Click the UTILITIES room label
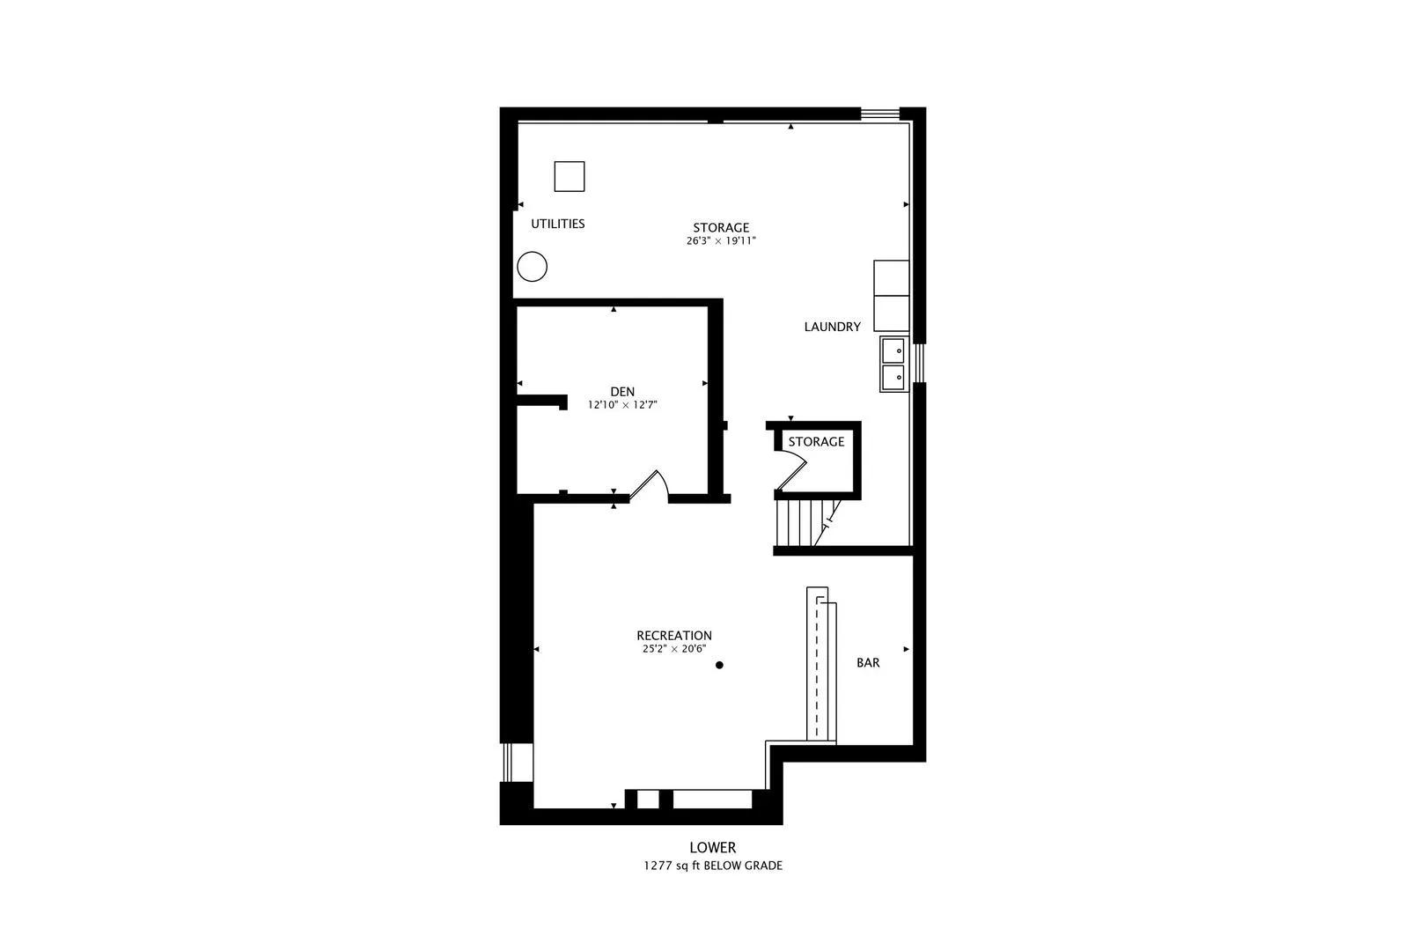(557, 224)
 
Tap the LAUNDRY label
(832, 327)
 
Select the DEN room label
(622, 392)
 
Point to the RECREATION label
(674, 636)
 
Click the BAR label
(868, 663)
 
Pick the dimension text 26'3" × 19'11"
(721, 240)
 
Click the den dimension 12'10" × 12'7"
(622, 405)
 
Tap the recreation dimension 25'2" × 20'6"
(674, 649)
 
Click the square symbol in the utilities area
(570, 176)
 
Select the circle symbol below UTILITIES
(532, 266)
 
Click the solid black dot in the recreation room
(719, 665)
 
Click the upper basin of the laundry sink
(893, 350)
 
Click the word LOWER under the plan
(712, 848)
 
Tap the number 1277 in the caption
(658, 866)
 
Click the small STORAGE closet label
(816, 442)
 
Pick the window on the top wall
(879, 113)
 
